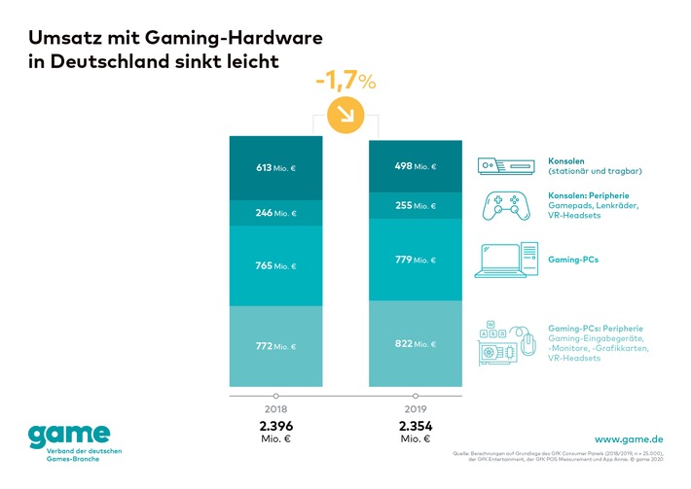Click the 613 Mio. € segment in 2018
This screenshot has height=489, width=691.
[x=276, y=168]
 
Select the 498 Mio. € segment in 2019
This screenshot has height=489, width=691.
[x=417, y=166]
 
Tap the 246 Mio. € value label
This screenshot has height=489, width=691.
[x=275, y=213]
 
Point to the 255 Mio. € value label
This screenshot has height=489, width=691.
[x=417, y=206]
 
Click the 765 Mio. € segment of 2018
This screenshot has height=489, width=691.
[x=276, y=265]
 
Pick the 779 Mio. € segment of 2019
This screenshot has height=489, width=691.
[x=417, y=260]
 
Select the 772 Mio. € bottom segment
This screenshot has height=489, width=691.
[x=276, y=346]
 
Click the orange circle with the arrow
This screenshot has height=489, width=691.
[x=345, y=118]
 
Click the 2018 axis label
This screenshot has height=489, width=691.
[x=276, y=409]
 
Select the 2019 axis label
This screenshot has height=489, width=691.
[x=417, y=409]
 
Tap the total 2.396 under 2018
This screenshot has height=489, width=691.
[x=276, y=426]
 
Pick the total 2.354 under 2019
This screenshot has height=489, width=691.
[x=417, y=426]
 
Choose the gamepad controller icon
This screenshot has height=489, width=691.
[x=506, y=206]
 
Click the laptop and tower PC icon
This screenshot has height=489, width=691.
[x=506, y=260]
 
